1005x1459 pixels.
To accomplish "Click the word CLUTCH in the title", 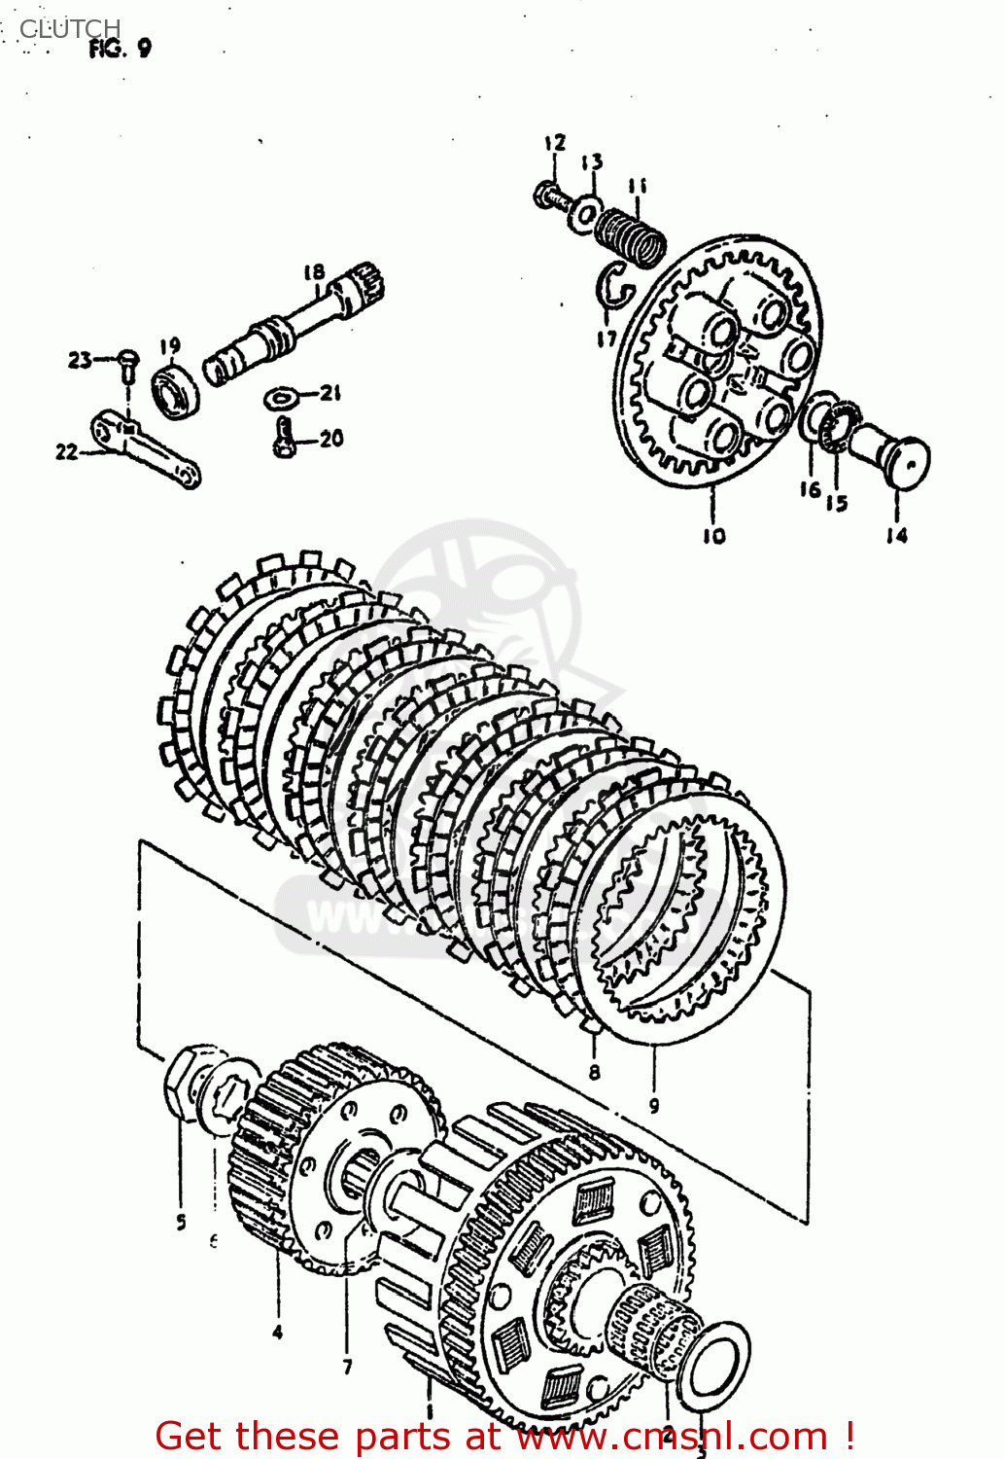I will pyautogui.click(x=70, y=28).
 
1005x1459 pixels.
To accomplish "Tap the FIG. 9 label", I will pyautogui.click(x=120, y=49).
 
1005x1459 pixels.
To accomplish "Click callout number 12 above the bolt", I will pyautogui.click(x=554, y=144).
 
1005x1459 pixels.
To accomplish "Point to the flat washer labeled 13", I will pyautogui.click(x=586, y=211).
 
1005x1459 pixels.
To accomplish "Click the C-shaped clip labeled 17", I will pyautogui.click(x=614, y=287).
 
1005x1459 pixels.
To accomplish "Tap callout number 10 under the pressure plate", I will pyautogui.click(x=713, y=535).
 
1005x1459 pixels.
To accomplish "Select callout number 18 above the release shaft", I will pyautogui.click(x=313, y=272).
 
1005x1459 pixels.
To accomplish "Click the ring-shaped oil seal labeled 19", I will pyautogui.click(x=177, y=390).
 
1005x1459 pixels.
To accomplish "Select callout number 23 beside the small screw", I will pyautogui.click(x=79, y=360).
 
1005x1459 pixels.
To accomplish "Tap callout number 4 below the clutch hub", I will pyautogui.click(x=278, y=1332).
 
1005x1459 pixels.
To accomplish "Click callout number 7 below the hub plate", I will pyautogui.click(x=347, y=1367).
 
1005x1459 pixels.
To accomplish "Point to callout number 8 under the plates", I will pyautogui.click(x=594, y=1072).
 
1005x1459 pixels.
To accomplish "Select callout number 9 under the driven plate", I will pyautogui.click(x=654, y=1105).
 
